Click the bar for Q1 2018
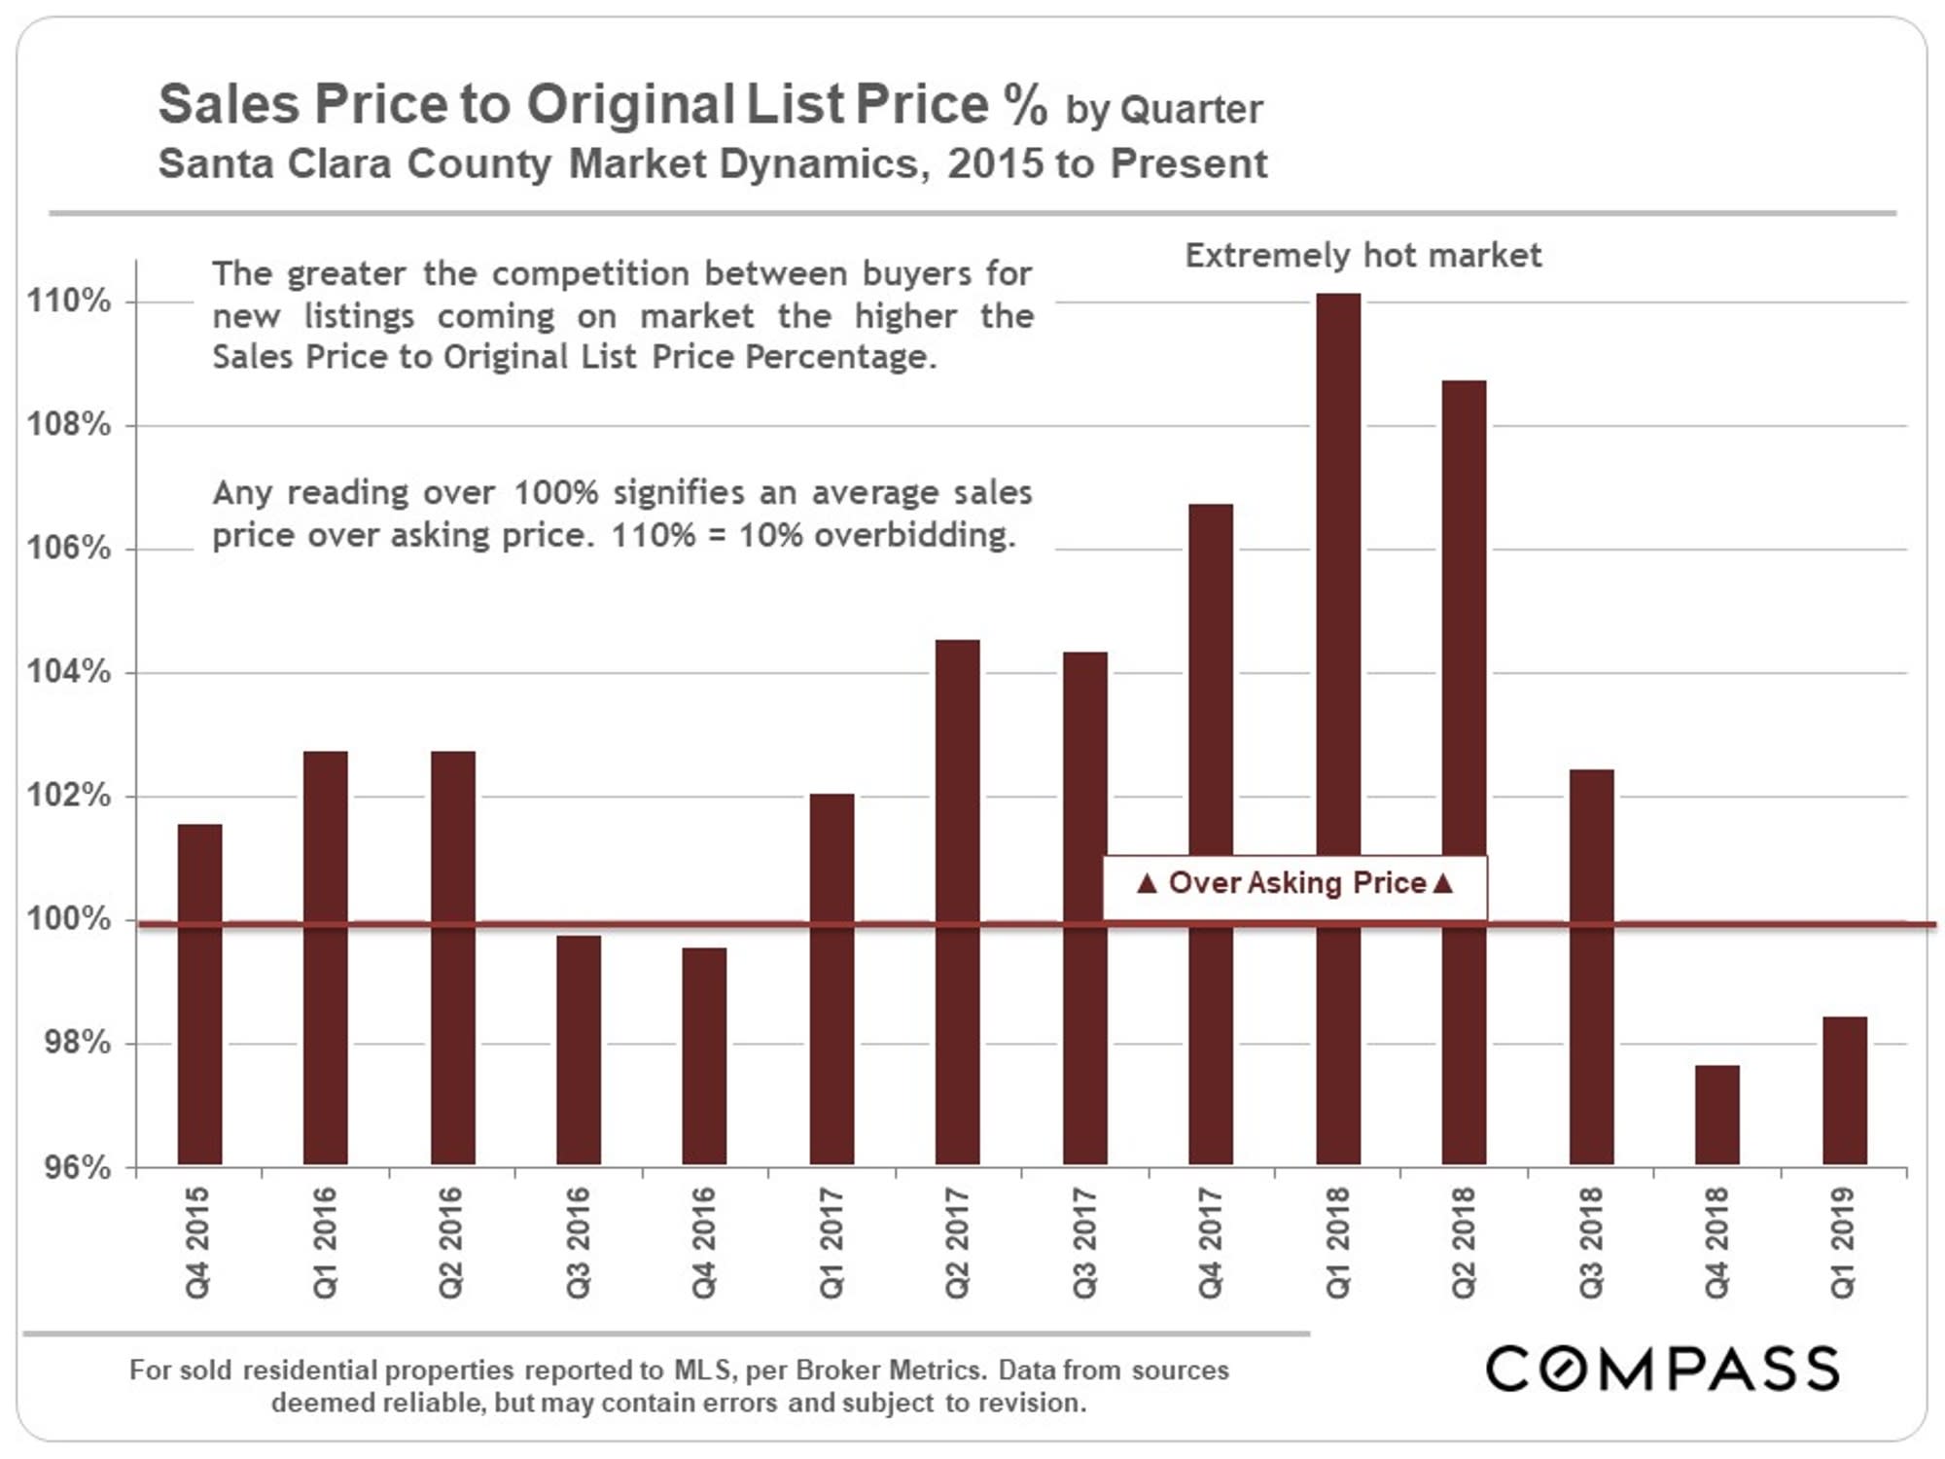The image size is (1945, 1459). [x=1338, y=584]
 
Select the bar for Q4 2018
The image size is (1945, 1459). [x=1716, y=1115]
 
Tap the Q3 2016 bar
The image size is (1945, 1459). [x=579, y=1050]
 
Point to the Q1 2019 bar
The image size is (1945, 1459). [x=1844, y=1090]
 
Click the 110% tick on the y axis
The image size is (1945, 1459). [x=69, y=302]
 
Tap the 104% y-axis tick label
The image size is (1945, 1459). [x=69, y=672]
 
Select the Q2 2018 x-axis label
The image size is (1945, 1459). [x=1464, y=1243]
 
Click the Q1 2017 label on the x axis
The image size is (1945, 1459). [x=831, y=1243]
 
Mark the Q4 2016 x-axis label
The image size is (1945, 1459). [x=704, y=1243]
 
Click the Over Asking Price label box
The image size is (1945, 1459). [x=1294, y=884]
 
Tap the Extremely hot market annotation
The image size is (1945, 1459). [x=1362, y=256]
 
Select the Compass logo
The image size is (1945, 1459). [x=1662, y=1369]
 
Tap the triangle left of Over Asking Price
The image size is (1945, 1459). [x=1148, y=883]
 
